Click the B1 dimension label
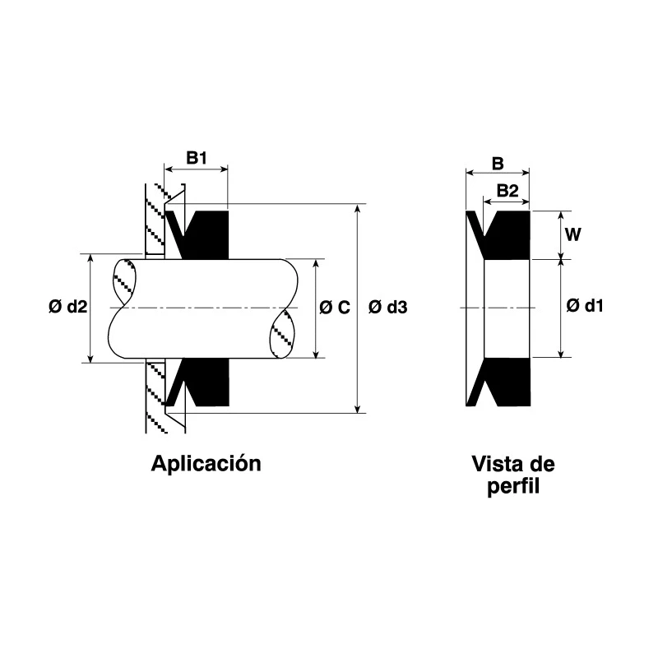pyautogui.click(x=197, y=158)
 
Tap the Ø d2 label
pyautogui.click(x=68, y=307)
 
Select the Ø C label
pyautogui.click(x=335, y=308)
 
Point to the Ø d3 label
pyautogui.click(x=387, y=308)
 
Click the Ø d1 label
pyautogui.click(x=585, y=306)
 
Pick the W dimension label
pyautogui.click(x=572, y=235)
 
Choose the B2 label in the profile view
pyautogui.click(x=507, y=191)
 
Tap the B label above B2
pyautogui.click(x=498, y=164)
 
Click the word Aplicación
pyautogui.click(x=206, y=464)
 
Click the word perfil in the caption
pyautogui.click(x=513, y=487)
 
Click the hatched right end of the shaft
pyautogui.click(x=281, y=335)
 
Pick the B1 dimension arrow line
pyautogui.click(x=196, y=169)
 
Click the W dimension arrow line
pyautogui.click(x=561, y=235)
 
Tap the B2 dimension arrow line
pyautogui.click(x=507, y=202)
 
